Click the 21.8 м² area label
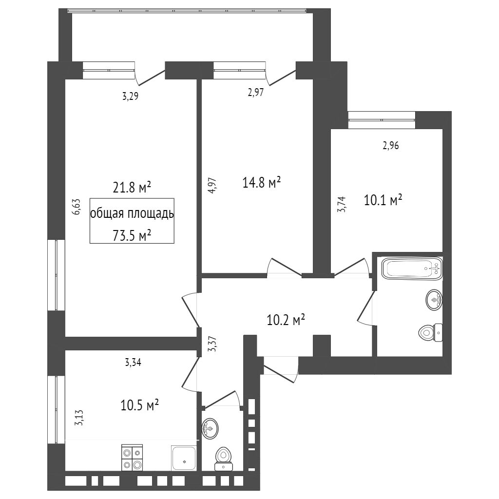(x=132, y=188)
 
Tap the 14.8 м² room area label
(x=262, y=183)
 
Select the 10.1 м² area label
(x=383, y=200)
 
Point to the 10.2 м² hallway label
(x=286, y=320)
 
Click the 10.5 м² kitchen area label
(x=140, y=405)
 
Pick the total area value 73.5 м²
(x=132, y=236)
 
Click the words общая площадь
(x=132, y=213)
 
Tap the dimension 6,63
(x=77, y=207)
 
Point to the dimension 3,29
(x=131, y=96)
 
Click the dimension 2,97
(x=256, y=93)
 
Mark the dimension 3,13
(x=78, y=418)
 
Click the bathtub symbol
(x=412, y=269)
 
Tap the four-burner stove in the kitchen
(x=132, y=457)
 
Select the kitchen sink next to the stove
(x=184, y=458)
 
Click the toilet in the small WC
(x=223, y=459)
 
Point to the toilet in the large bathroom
(x=430, y=333)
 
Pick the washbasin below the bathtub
(x=434, y=299)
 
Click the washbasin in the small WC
(x=210, y=428)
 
